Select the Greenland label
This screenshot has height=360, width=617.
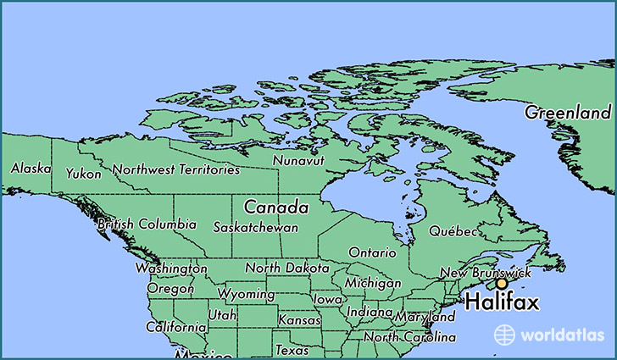tap(567, 113)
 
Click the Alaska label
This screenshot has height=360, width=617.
tap(31, 169)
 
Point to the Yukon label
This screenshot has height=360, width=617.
tap(83, 174)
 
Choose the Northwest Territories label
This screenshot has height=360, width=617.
tap(176, 169)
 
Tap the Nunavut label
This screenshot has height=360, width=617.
tap(298, 160)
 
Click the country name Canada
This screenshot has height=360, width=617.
tap(275, 207)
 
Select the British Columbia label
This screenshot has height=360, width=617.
tap(147, 225)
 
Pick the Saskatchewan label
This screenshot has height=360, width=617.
tap(255, 228)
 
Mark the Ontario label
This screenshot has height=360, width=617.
tap(372, 252)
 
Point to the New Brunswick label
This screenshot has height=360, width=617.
tap(486, 273)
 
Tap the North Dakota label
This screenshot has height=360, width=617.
tap(286, 268)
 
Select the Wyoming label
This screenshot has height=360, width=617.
tap(246, 295)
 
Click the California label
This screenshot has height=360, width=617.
tap(175, 327)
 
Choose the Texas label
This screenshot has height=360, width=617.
tap(292, 349)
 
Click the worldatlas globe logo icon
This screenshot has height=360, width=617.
tap(504, 335)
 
